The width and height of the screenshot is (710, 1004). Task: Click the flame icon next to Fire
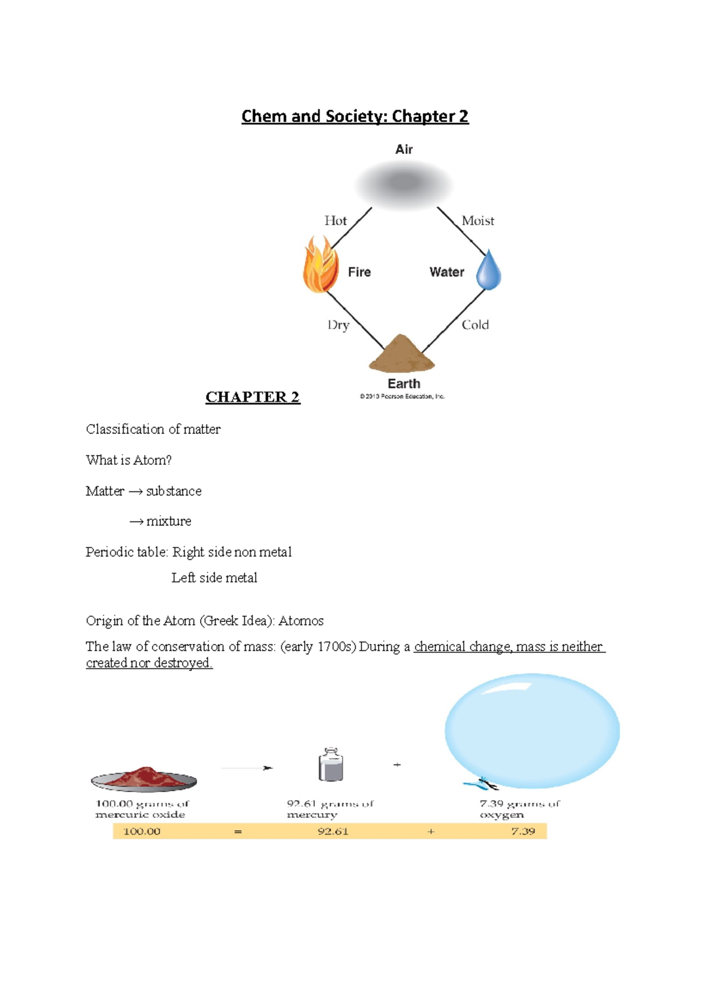[x=321, y=265]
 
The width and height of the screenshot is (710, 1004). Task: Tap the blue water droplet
[x=489, y=271]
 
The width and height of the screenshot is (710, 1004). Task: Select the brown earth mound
[x=402, y=354]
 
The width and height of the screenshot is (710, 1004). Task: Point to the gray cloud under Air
[x=404, y=184]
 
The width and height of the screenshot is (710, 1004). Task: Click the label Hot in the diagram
[x=335, y=221]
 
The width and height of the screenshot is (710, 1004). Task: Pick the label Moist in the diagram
[x=477, y=221]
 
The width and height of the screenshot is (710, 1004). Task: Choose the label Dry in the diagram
[x=338, y=325]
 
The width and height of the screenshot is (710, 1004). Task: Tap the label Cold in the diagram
[x=475, y=325]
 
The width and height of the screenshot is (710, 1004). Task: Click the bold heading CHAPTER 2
[x=253, y=397]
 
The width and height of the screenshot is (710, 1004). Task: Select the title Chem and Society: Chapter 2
[x=355, y=116]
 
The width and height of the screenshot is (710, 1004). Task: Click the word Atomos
[x=301, y=621]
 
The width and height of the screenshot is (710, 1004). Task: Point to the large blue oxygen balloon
[x=532, y=731]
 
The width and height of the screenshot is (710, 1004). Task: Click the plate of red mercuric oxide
[x=144, y=779]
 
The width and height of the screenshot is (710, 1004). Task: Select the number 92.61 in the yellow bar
[x=333, y=831]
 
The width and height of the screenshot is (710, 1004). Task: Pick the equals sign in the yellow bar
[x=238, y=831]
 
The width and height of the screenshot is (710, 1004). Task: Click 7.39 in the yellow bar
[x=523, y=831]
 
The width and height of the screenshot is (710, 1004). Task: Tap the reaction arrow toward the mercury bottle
[x=247, y=768]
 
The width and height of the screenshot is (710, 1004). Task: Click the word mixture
[x=169, y=522]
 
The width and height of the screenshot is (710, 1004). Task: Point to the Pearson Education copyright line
[x=402, y=397]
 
